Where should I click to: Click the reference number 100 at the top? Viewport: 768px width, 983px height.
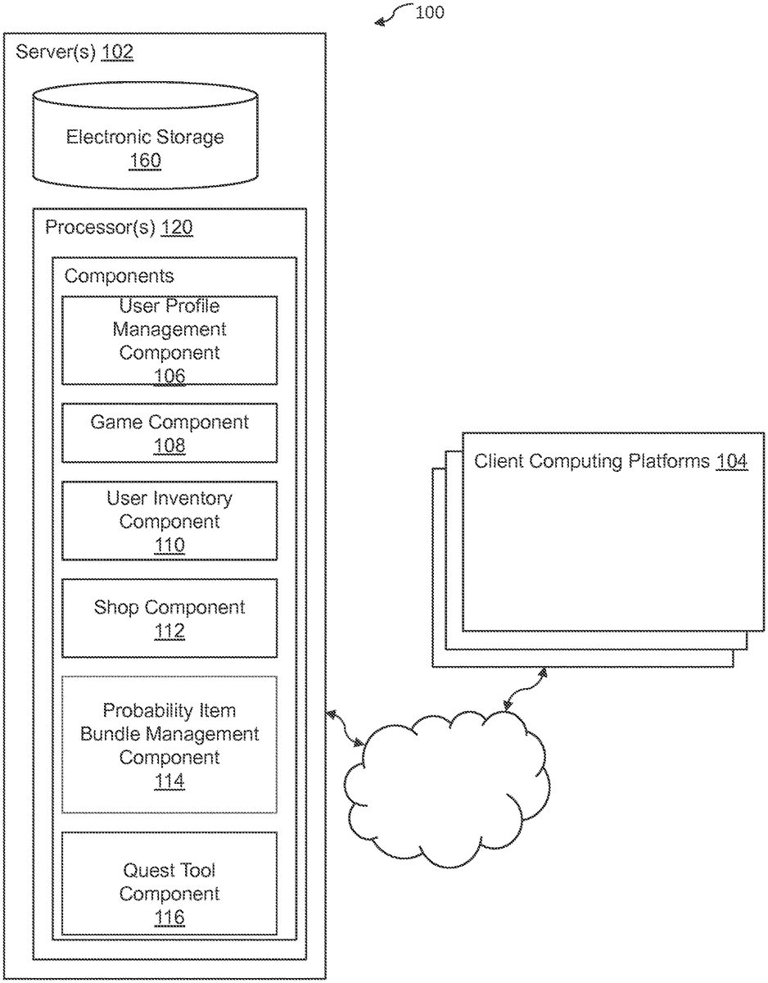pos(429,12)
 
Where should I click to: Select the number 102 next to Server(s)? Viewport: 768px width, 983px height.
pos(117,53)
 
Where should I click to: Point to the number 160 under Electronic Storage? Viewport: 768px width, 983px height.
pos(145,161)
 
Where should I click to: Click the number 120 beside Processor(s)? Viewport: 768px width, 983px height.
pos(176,228)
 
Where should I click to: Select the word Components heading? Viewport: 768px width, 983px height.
pos(119,276)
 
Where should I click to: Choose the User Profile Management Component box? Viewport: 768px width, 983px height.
pos(169,340)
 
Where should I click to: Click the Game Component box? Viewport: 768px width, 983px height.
pos(169,433)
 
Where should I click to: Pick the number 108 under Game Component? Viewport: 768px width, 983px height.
pos(169,446)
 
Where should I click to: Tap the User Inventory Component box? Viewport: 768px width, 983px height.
pos(169,520)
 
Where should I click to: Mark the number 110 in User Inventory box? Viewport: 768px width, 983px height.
pos(169,545)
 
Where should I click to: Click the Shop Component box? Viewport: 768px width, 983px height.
pos(169,618)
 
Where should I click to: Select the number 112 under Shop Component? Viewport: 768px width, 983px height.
pos(169,632)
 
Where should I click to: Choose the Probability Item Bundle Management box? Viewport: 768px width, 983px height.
pos(169,744)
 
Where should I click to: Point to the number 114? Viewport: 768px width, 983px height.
pos(169,781)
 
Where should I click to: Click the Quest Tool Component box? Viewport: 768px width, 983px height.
pos(169,883)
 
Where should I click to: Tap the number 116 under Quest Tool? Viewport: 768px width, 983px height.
pos(169,917)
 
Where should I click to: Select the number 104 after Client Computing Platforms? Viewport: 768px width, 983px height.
pos(731,461)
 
